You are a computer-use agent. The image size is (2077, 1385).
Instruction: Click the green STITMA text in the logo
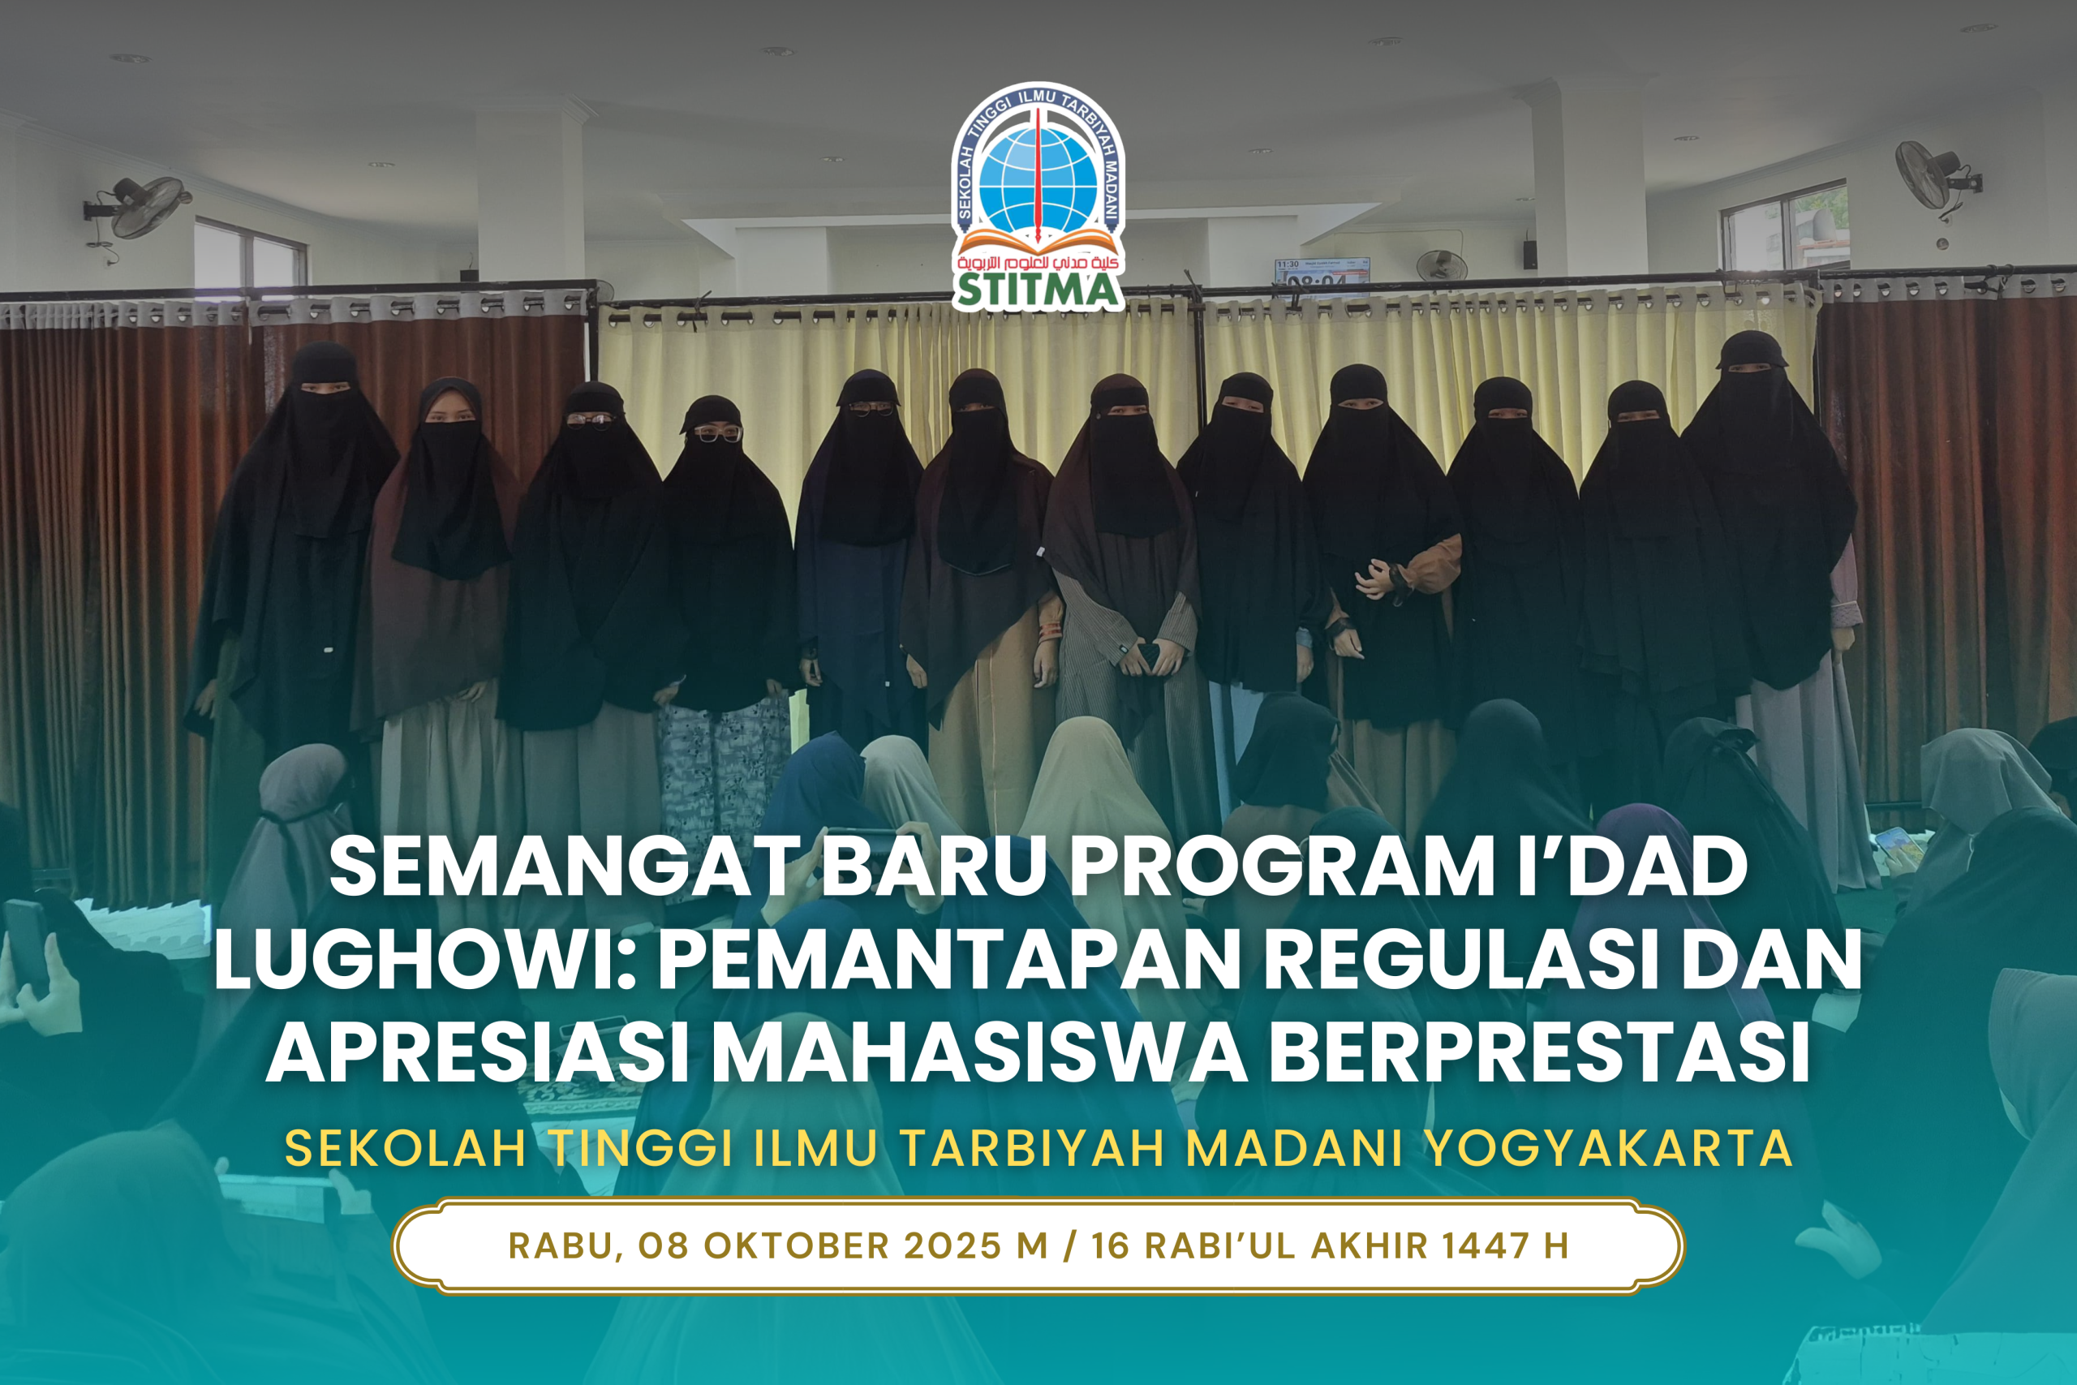pos(1038,290)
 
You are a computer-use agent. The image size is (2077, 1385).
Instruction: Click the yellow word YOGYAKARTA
pos(1608,1148)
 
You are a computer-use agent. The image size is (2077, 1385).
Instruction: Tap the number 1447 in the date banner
pos(1486,1246)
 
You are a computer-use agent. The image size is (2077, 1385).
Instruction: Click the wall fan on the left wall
pos(141,209)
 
